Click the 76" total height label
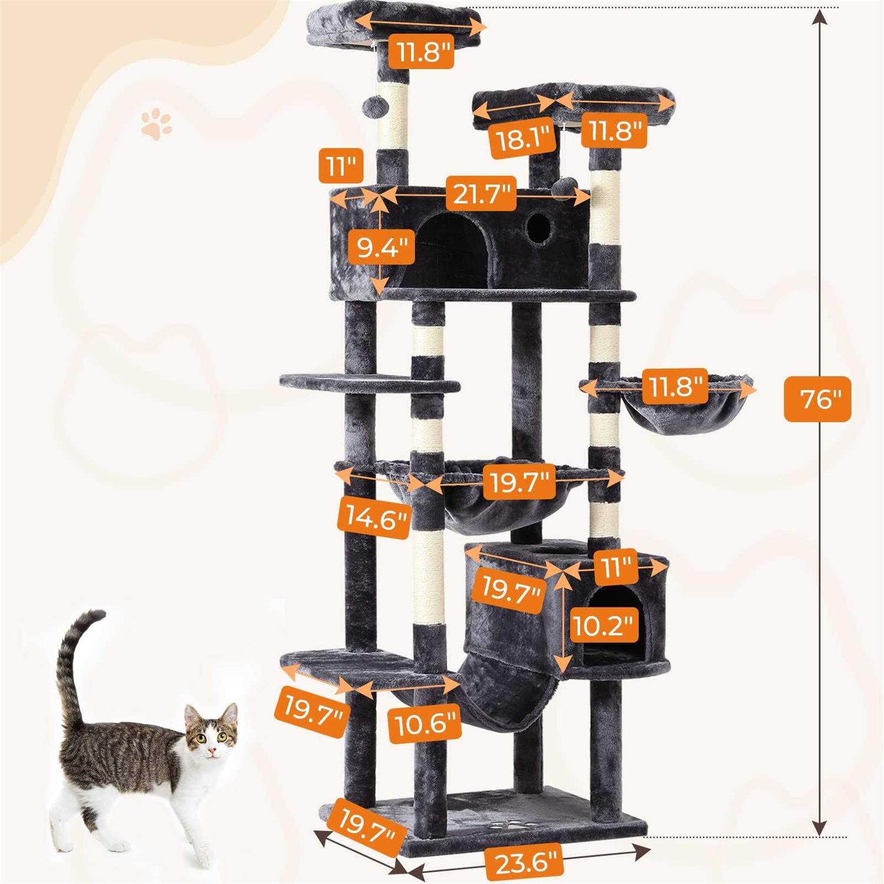[x=817, y=399]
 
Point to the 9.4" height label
[x=382, y=248]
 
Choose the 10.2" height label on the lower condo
[x=605, y=625]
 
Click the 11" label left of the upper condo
[x=340, y=166]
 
